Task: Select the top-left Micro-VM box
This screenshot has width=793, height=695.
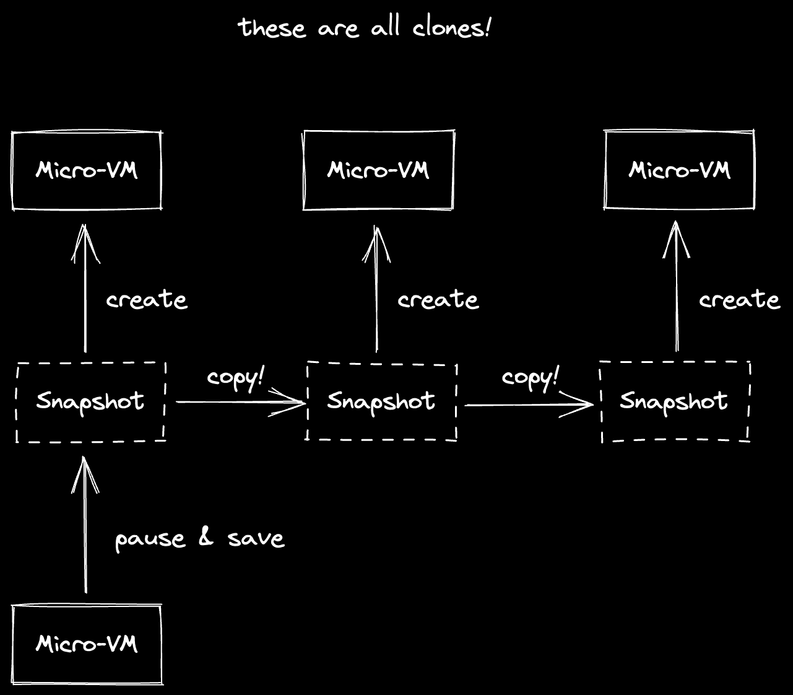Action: click(87, 171)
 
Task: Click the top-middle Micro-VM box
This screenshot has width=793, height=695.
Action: click(378, 170)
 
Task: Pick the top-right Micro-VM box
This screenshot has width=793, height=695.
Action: click(680, 170)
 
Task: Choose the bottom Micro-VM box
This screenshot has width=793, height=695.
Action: click(87, 644)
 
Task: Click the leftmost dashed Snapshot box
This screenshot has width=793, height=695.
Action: click(90, 402)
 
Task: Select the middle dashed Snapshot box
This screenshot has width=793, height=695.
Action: click(381, 401)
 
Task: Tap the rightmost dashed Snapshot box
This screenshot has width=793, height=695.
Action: click(675, 401)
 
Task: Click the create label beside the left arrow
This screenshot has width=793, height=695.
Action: click(147, 300)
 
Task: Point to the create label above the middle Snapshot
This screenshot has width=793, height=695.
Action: click(438, 300)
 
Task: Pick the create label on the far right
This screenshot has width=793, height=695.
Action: click(739, 300)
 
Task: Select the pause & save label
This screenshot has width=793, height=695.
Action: click(199, 538)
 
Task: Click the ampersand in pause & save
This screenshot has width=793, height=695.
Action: click(206, 537)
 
